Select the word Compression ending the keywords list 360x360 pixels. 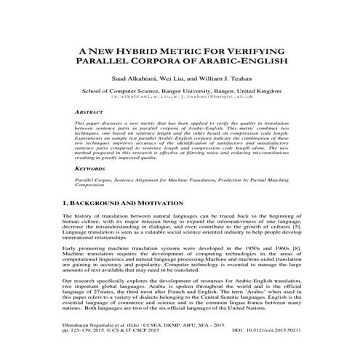coord(94,185)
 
